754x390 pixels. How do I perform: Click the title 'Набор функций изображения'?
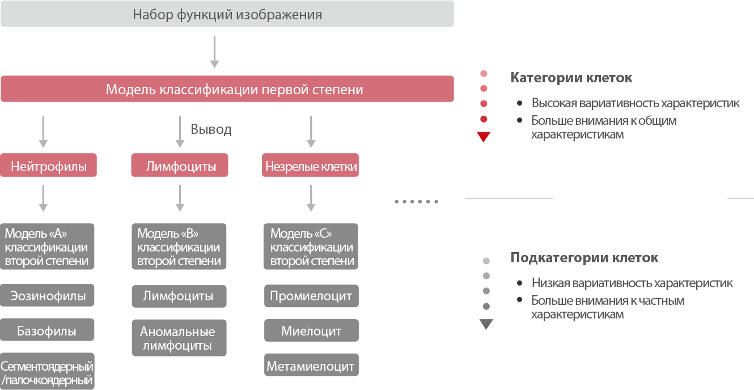coord(227,15)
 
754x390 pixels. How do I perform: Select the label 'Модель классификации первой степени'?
coord(234,90)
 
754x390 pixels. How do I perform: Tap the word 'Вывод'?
coord(211,129)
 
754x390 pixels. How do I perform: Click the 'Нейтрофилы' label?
coord(49,167)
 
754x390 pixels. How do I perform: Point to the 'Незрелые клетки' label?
coord(311,167)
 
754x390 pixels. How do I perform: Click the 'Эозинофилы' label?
coord(48,296)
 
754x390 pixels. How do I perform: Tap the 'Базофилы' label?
coord(46,332)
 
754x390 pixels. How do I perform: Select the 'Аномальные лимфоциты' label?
coord(177,338)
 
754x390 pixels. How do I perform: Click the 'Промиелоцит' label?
coord(311,296)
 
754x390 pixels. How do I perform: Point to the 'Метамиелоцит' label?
coord(310,367)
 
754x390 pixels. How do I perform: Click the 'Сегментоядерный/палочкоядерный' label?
coord(46,373)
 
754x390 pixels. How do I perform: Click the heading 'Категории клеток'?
coord(571,78)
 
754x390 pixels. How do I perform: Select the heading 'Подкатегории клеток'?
coord(584,258)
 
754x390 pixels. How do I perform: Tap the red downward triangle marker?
coord(484,137)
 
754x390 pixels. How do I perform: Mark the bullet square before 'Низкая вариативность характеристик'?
coord(519,283)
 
